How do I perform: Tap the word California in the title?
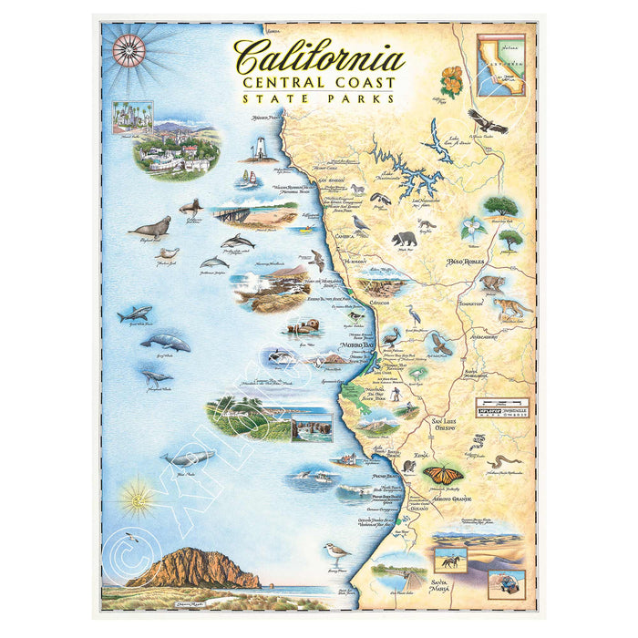(x=319, y=58)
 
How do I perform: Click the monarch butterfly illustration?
(x=443, y=474)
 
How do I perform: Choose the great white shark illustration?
(x=134, y=314)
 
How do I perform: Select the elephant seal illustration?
(x=149, y=228)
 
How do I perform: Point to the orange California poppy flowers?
(x=451, y=79)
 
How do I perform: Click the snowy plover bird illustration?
(x=336, y=551)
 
